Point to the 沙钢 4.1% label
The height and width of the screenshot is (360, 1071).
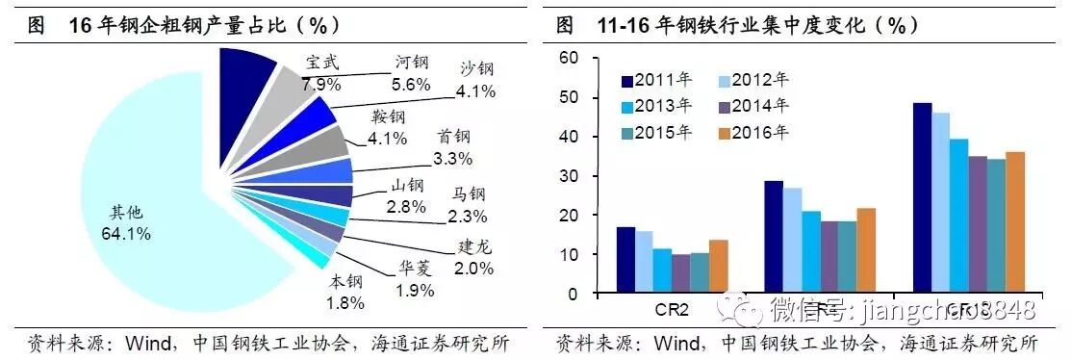coord(475,81)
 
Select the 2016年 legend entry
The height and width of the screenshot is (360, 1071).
coord(754,133)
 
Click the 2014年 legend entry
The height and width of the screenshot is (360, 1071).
coord(754,106)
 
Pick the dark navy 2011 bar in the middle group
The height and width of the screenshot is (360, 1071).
coord(774,236)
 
